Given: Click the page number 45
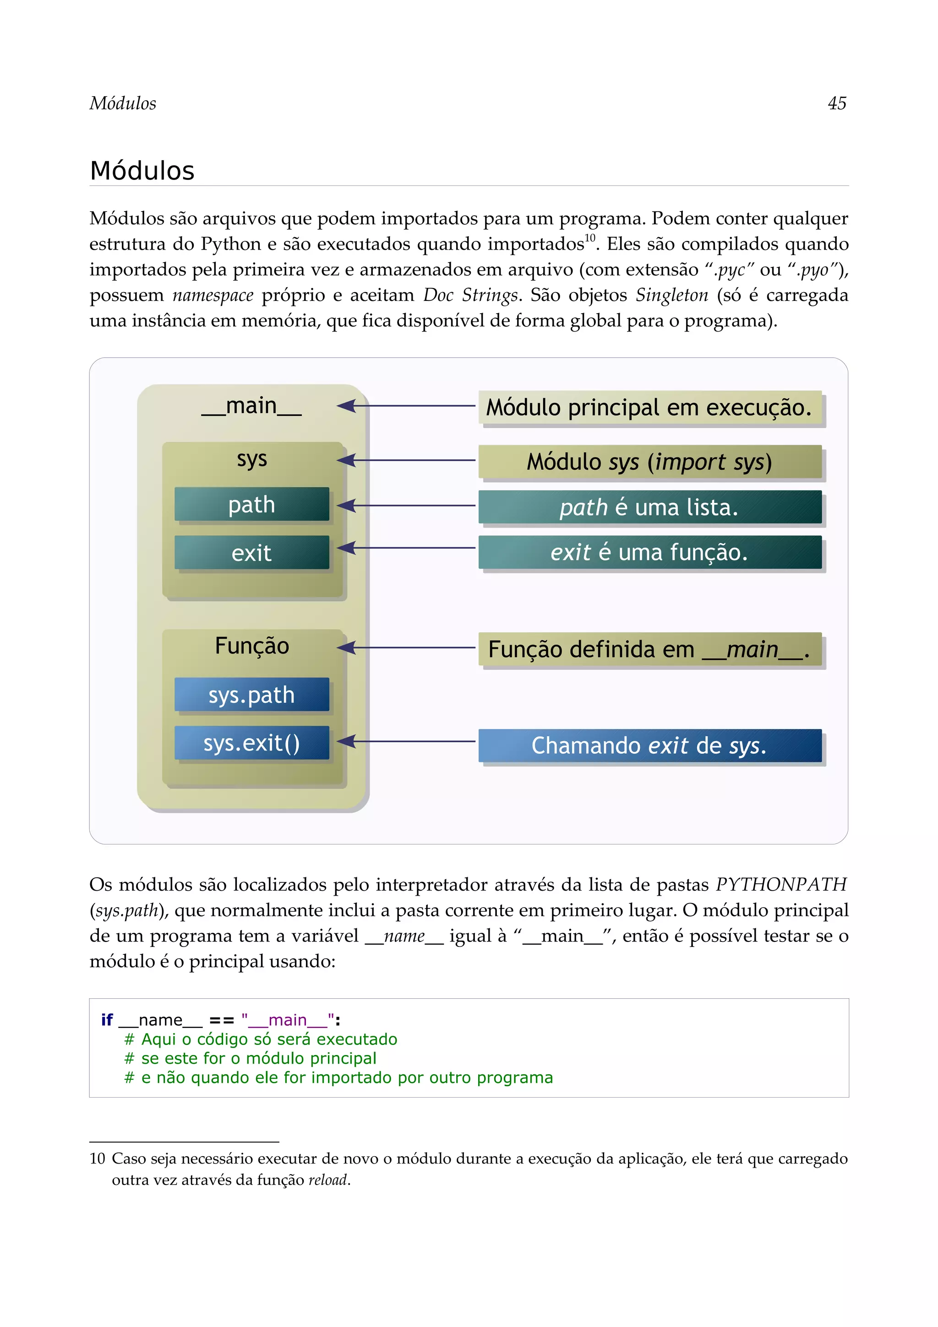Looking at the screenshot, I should pos(837,103).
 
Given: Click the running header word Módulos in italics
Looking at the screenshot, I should pos(123,103).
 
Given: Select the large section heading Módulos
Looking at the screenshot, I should pos(142,171).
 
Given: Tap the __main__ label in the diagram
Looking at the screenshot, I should pos(251,406).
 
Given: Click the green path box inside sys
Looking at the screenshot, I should pos(251,505).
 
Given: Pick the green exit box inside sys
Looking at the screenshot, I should pos(251,553).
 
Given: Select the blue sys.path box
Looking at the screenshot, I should pos(251,695).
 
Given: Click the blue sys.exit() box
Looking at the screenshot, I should pos(251,743).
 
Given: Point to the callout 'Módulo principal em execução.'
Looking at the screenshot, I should pos(649,408).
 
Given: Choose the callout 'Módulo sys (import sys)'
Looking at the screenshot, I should pos(649,462).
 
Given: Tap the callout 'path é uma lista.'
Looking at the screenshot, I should pos(649,507).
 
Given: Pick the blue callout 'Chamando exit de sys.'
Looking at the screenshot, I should pos(649,745).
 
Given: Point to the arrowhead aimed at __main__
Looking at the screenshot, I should pos(346,406).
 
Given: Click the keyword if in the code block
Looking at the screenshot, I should pos(107,1020).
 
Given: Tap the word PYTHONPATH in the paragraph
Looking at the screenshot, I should pos(781,884).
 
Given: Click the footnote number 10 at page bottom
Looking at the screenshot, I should pos(97,1159).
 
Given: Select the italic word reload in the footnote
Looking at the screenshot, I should pos(327,1180).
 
